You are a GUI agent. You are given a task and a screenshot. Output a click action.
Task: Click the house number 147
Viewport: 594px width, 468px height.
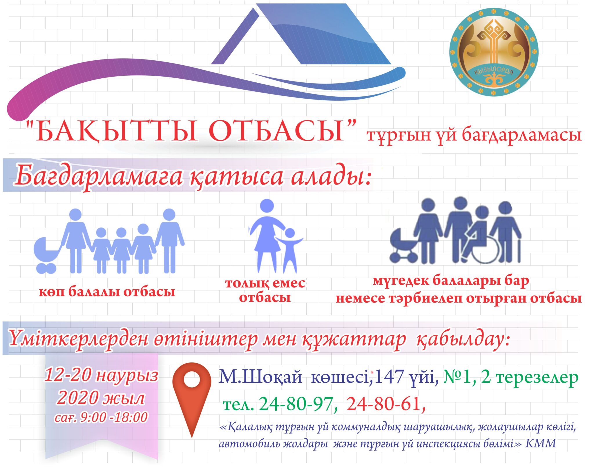[389, 377]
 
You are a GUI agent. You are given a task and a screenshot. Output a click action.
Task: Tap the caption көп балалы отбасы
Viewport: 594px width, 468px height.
[107, 292]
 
